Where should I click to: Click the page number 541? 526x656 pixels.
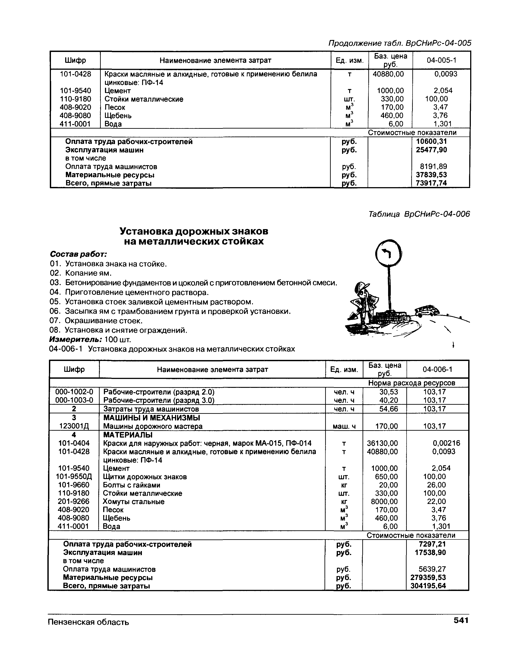(x=460, y=620)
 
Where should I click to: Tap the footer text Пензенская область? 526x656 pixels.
(x=88, y=622)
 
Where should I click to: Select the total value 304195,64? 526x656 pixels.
(x=428, y=586)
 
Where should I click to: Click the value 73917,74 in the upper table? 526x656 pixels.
(x=431, y=183)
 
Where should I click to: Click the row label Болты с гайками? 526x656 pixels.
(x=131, y=485)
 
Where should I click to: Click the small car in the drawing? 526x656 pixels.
(x=427, y=310)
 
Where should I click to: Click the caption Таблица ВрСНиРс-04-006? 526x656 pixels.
(x=419, y=214)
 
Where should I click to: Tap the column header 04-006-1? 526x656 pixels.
(x=437, y=369)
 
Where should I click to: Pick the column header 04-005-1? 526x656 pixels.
(x=441, y=60)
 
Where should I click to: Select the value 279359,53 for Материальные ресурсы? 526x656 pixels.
(x=428, y=577)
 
